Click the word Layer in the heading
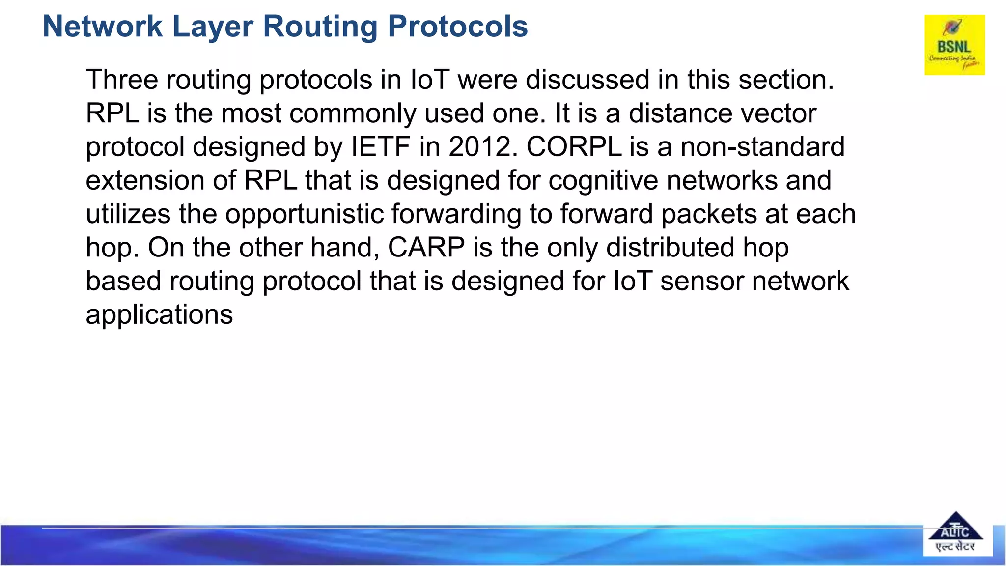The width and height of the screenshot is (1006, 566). click(213, 27)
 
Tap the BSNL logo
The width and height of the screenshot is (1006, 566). click(954, 45)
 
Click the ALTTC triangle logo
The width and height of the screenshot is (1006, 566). click(955, 534)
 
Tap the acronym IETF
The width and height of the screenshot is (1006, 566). click(381, 147)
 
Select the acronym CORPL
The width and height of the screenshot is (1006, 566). click(574, 147)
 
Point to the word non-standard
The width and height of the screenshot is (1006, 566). click(762, 147)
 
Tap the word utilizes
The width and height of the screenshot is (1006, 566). click(128, 214)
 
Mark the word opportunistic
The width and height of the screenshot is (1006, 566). click(305, 214)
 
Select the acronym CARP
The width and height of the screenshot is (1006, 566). click(426, 248)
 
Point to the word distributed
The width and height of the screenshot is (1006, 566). click(670, 248)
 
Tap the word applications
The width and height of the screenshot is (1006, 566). click(159, 315)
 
